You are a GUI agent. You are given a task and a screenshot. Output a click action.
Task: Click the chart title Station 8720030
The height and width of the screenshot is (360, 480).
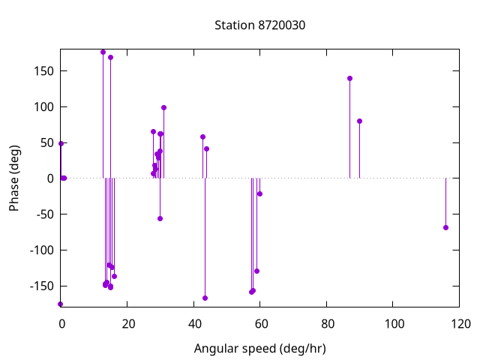point(259,25)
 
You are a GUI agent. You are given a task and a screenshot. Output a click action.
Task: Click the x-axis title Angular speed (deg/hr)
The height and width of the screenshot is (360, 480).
point(259,349)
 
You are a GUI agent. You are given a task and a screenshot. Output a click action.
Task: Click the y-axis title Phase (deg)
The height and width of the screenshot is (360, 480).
point(14,178)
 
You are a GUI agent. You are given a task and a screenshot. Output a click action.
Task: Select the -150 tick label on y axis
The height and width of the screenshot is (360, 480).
point(37,286)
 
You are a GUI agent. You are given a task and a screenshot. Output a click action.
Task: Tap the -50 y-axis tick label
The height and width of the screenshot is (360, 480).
point(40,214)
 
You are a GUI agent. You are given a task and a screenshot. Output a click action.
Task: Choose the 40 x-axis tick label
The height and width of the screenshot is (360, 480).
point(194,324)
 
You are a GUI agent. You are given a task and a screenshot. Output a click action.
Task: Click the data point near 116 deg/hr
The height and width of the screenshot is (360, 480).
point(445,227)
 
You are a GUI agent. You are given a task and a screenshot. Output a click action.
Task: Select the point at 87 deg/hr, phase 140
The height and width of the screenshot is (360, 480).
point(349,78)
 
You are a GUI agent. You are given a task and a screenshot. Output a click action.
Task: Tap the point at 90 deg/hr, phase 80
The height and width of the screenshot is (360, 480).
point(359,121)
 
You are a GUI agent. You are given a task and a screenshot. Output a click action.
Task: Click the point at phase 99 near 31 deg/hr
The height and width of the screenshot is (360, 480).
point(163,107)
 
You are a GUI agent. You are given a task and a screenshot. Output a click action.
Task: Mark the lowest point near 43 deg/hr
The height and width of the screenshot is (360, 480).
point(205,298)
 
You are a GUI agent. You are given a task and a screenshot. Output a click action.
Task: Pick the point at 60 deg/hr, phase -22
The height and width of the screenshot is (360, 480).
point(259,193)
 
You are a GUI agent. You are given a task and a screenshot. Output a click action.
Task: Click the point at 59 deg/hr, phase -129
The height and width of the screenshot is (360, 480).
point(256,271)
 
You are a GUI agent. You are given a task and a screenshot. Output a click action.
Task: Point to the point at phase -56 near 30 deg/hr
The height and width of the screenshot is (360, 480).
point(160,218)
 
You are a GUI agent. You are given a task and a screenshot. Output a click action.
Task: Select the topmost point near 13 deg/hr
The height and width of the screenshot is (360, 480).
point(103,52)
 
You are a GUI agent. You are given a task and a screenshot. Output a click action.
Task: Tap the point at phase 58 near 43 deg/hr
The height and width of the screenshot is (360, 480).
point(202,136)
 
